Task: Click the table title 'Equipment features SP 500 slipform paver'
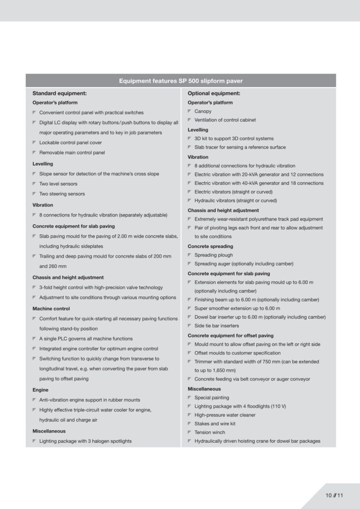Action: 180,81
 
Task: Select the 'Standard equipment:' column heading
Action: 59,93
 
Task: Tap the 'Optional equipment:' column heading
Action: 214,93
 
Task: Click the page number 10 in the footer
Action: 329,495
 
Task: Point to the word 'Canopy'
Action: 203,112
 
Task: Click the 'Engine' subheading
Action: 40,390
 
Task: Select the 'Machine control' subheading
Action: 51,309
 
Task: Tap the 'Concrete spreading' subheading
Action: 210,247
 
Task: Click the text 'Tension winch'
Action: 210,433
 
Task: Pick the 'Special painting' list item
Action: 211,398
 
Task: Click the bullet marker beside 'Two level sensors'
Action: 35,184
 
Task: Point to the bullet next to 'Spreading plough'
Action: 190,255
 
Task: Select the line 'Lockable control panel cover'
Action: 70,142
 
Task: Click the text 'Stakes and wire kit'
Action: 215,424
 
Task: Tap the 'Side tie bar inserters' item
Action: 217,326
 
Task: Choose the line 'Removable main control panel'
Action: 72,153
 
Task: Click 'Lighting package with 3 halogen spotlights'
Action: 85,441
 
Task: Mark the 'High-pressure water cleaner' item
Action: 225,415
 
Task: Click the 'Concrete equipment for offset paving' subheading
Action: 230,336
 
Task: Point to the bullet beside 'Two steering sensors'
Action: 35,194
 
